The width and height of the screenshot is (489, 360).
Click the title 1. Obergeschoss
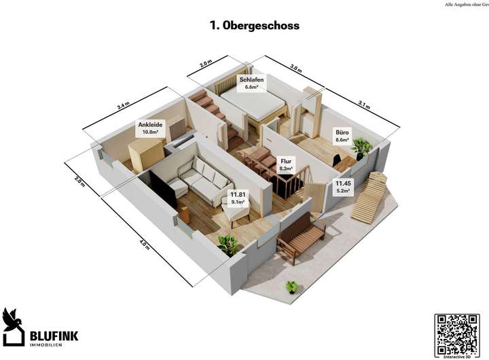click(255, 25)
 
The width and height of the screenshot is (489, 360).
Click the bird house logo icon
click(13, 325)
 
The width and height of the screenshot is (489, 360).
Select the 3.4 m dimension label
click(123, 106)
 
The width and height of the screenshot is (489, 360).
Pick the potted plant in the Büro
click(361, 147)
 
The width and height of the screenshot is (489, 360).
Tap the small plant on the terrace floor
click(292, 287)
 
